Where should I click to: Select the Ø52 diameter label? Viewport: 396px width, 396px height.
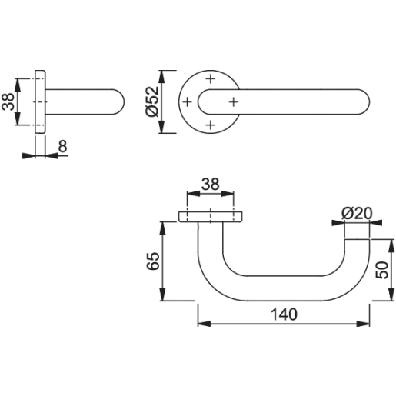tap(151, 101)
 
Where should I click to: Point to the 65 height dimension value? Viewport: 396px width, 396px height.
tap(152, 261)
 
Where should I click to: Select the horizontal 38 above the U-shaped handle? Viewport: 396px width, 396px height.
tap(210, 185)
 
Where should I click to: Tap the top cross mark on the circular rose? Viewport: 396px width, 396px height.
tap(210, 78)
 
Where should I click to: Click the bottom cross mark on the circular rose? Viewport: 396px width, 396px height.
tap(210, 124)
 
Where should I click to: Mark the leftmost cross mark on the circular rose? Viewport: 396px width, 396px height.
tap(187, 101)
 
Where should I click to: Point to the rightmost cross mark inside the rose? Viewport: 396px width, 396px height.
tap(233, 101)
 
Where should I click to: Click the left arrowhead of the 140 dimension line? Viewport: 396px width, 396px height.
tap(202, 324)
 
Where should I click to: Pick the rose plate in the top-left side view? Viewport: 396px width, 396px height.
tap(42, 101)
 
